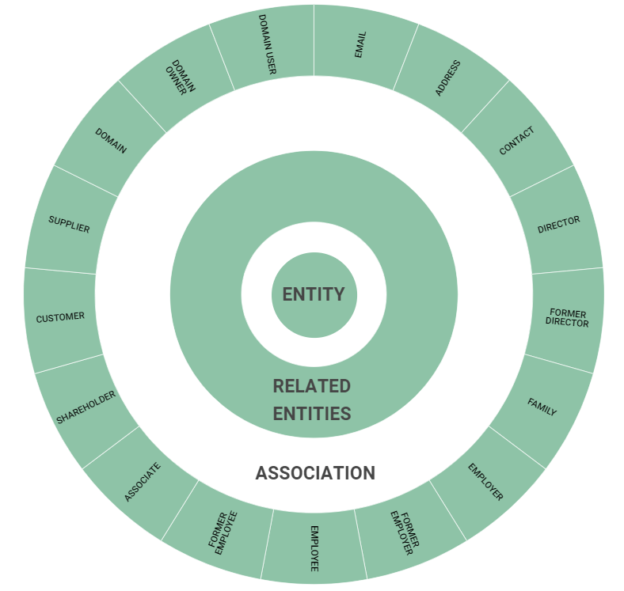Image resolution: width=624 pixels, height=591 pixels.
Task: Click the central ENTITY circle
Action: point(314,294)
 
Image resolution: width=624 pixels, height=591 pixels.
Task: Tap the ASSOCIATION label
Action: point(314,473)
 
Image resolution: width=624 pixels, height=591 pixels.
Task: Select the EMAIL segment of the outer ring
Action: point(361,46)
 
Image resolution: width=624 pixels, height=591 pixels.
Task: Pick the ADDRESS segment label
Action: point(447,78)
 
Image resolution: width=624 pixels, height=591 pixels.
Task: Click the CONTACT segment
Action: point(516,141)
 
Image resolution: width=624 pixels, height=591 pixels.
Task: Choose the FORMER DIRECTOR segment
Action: point(568,317)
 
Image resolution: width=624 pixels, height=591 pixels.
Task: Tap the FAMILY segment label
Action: point(542,407)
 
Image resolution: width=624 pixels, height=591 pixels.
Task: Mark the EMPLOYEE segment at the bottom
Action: point(314,549)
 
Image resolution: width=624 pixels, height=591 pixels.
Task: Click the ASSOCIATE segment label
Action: point(143,482)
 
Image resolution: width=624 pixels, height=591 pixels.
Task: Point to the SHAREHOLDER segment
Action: point(86,407)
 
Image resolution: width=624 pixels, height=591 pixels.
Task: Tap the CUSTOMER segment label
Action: point(60,317)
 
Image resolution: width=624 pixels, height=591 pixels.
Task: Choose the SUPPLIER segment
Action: point(69,224)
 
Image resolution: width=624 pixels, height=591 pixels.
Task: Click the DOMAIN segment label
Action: point(111,140)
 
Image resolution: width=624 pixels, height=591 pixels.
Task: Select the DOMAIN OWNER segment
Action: point(177,78)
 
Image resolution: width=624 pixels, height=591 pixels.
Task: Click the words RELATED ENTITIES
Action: point(312,400)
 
